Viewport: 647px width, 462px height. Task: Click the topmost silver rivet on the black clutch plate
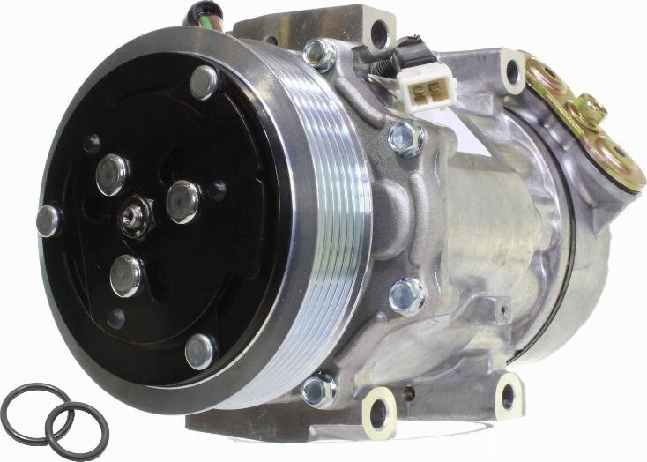pos(204,82)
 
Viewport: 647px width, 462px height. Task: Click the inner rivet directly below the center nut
pos(126,275)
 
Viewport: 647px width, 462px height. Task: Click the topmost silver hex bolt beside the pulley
pos(318,55)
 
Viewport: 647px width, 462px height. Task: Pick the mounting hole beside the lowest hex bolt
pos(380,411)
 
